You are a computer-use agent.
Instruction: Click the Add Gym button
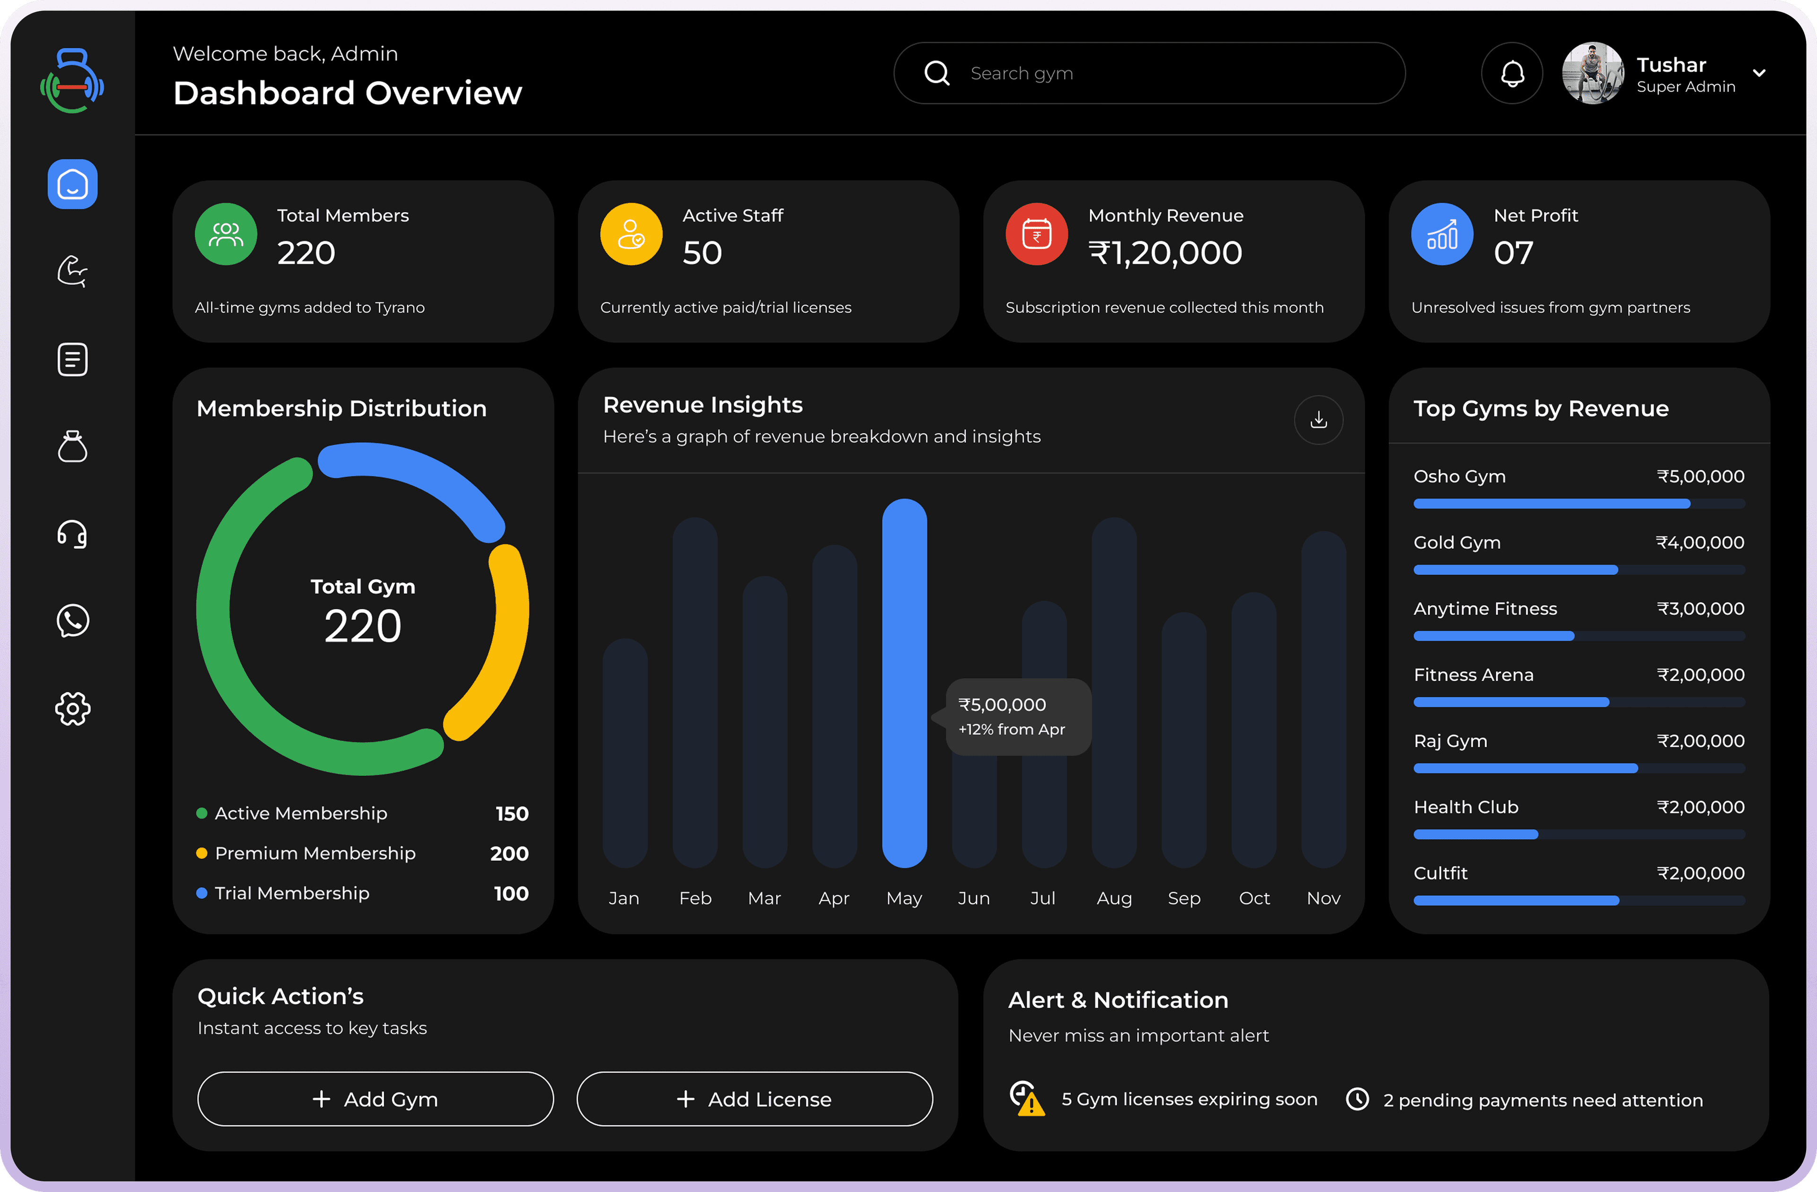coord(375,1099)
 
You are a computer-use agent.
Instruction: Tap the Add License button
coord(754,1099)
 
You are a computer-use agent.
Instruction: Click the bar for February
coord(695,691)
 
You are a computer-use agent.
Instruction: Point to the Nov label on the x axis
coord(1323,898)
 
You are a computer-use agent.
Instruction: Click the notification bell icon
coord(1512,73)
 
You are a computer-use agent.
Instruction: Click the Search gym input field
coord(1149,73)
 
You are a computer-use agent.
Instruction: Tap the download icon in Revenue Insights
coord(1318,419)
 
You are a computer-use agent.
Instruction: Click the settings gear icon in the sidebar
coord(72,709)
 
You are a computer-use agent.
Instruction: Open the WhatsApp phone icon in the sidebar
coord(72,621)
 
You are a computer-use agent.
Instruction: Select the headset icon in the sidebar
coord(72,534)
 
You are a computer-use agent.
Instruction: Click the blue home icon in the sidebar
coord(72,184)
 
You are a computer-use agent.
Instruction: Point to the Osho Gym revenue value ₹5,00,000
coord(1700,477)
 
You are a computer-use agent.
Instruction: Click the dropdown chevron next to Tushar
coord(1759,73)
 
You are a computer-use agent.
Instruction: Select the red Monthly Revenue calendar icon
coord(1036,234)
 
